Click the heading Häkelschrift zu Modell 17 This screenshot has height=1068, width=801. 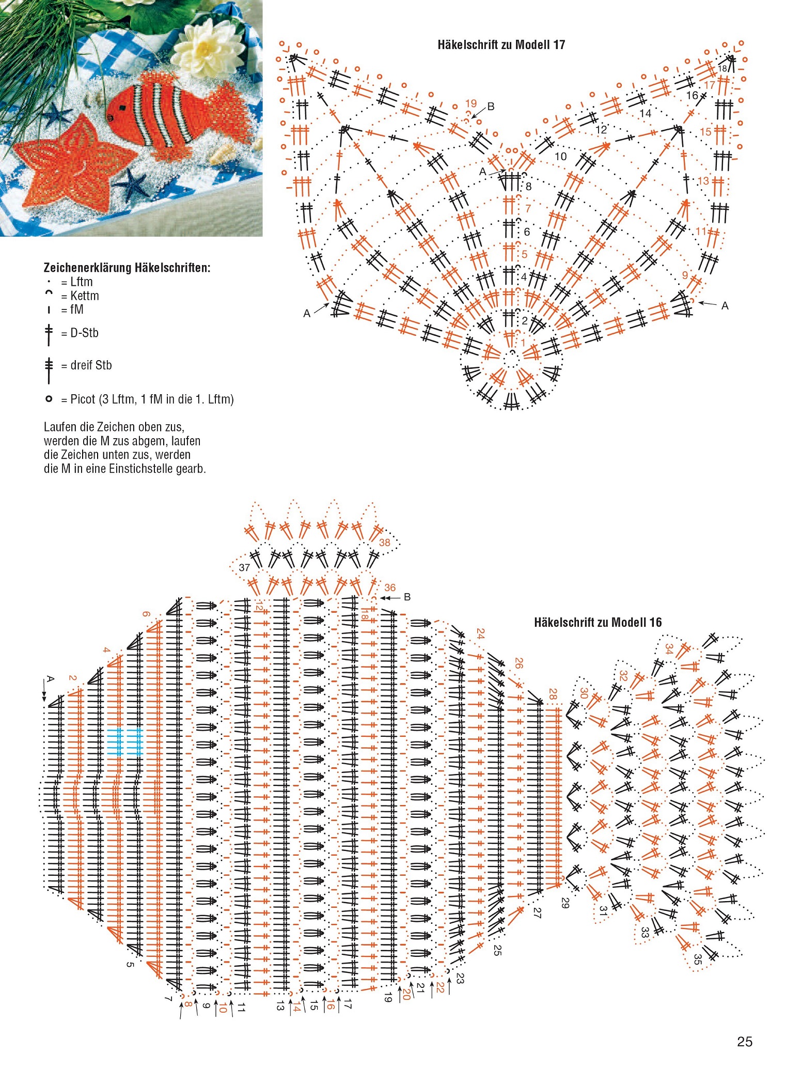501,45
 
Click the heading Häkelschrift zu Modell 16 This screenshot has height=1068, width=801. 598,622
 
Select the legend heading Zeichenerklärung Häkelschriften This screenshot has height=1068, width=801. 127,268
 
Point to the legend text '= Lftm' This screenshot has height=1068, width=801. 77,282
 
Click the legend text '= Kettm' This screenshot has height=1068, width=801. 80,296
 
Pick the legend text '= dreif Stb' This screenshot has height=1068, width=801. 86,365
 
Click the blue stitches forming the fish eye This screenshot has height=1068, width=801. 124,742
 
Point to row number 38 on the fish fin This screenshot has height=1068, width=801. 384,543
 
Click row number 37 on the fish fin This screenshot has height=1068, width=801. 244,567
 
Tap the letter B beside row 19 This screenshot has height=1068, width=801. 491,106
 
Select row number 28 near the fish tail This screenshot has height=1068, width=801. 553,694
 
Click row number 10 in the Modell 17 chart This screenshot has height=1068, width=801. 560,156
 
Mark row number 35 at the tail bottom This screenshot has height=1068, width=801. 697,959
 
